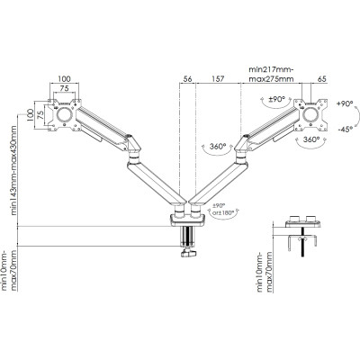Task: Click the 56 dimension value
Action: click(186, 79)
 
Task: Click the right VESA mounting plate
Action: click(316, 112)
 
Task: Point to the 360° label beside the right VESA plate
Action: click(312, 140)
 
